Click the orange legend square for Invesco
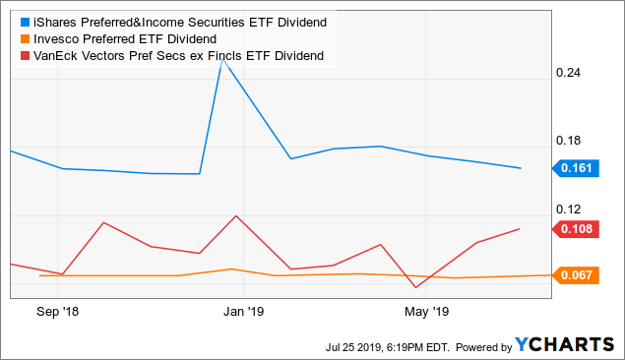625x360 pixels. (x=16, y=38)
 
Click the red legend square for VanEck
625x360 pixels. (x=16, y=55)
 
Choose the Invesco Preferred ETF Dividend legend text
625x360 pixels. (x=113, y=38)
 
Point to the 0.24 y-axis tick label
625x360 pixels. (x=571, y=73)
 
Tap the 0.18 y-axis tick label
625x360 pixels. (x=571, y=141)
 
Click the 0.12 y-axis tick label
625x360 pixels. (x=571, y=209)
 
